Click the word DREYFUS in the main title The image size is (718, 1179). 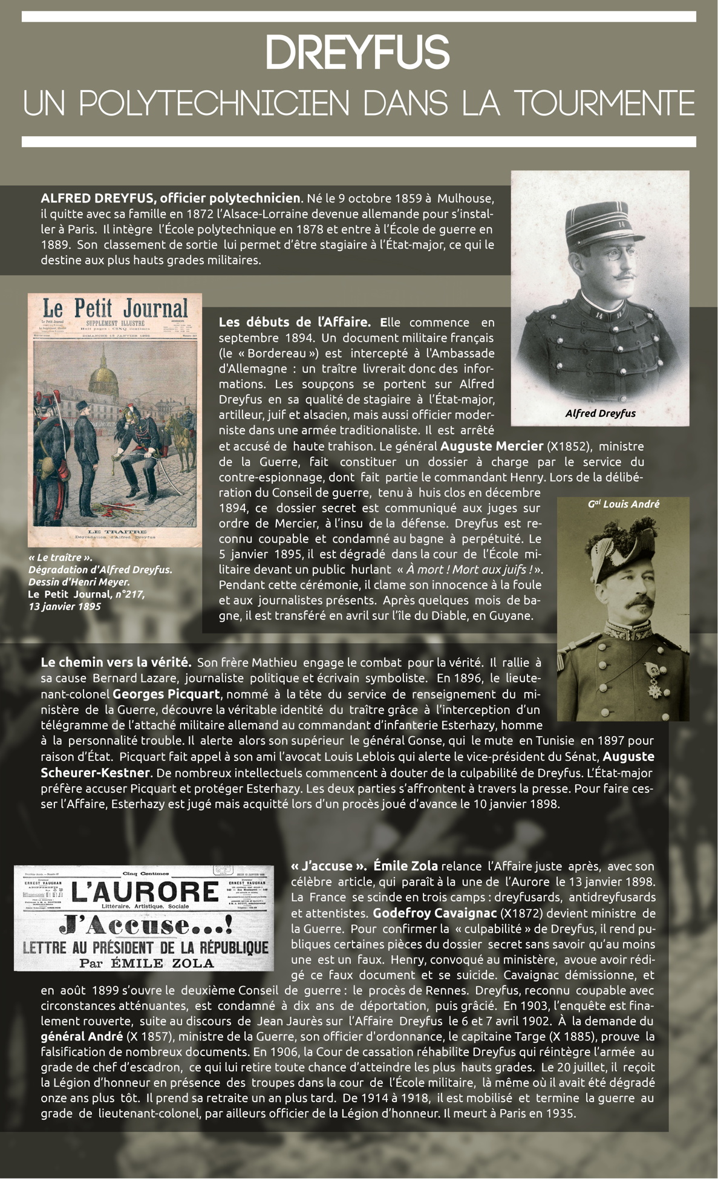357,53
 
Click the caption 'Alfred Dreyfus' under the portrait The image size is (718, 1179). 600,414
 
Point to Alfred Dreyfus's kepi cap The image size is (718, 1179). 597,223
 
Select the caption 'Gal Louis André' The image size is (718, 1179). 623,504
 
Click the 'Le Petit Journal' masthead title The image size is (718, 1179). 114,308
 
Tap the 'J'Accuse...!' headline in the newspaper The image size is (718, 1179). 145,926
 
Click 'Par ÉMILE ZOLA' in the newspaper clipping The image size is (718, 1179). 146,963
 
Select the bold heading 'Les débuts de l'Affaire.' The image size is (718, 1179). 295,322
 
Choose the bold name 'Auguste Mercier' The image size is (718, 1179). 491,446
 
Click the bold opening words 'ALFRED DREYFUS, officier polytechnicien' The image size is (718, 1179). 171,198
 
